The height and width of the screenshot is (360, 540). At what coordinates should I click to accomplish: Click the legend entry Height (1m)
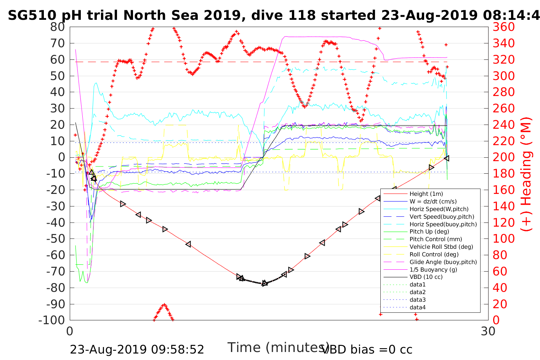[x=426, y=194]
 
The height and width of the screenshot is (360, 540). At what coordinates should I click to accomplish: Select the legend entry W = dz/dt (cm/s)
[x=433, y=202]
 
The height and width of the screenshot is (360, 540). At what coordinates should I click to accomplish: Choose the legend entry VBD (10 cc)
[x=426, y=277]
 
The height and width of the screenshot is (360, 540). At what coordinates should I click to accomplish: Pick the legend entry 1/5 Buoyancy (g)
[x=433, y=269]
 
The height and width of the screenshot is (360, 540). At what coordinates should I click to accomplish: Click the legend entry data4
[x=417, y=307]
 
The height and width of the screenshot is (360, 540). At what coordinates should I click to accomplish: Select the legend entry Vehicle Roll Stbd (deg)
[x=441, y=247]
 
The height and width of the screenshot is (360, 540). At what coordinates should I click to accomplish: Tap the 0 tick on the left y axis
[x=61, y=157]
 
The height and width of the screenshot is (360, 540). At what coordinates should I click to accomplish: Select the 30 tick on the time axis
[x=488, y=331]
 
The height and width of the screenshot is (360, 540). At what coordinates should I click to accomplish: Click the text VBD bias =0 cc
[x=367, y=349]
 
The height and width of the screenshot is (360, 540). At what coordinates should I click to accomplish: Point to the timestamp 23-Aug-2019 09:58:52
[x=137, y=349]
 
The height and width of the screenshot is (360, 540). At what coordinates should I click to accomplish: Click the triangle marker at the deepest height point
[x=264, y=283]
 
